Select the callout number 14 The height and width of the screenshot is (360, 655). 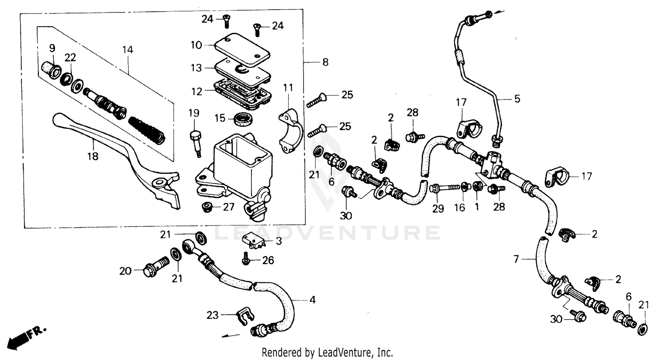pos(127,50)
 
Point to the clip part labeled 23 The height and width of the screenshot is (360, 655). pos(242,317)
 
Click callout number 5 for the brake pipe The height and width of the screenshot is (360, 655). pos(517,99)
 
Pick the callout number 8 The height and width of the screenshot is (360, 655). pos(325,62)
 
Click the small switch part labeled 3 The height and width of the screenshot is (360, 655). pos(254,241)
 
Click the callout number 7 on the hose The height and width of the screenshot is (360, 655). pos(516,260)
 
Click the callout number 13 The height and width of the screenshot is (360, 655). pos(196,68)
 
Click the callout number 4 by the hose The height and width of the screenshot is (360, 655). pos(312,300)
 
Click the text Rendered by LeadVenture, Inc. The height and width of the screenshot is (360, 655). pos(327,352)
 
